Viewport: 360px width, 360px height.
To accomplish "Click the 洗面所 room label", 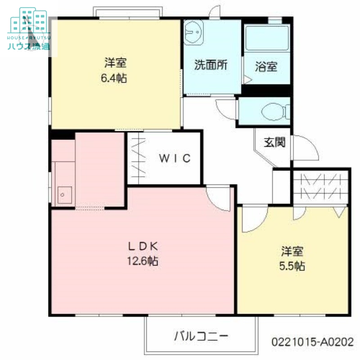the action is point(211,65).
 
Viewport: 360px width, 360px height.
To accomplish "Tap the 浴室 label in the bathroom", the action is point(266,67).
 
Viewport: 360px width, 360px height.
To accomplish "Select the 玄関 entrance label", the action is point(274,142).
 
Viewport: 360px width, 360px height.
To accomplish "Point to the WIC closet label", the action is point(175,158).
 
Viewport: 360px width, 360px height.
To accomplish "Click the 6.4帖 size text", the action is point(114,78).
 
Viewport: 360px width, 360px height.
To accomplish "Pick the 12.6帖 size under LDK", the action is point(143,261).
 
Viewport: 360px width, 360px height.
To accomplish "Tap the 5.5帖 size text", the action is point(292,266).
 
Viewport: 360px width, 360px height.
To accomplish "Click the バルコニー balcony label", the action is point(201,336).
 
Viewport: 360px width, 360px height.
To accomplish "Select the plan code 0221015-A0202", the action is point(312,342).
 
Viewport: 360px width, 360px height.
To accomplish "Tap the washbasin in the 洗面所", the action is point(193,32).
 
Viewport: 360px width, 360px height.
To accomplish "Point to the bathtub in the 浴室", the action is point(267,38).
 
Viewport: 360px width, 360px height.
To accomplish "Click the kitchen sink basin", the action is point(64,195).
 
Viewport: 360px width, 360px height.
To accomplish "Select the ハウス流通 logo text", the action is point(29,46).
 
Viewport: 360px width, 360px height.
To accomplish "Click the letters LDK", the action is point(143,247).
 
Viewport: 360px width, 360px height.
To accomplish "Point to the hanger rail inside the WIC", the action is point(139,158).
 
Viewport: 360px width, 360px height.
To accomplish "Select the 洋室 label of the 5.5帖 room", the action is point(292,251).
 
